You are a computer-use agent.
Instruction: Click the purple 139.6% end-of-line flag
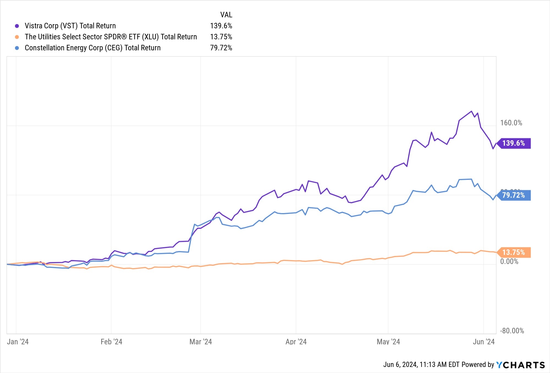coord(514,143)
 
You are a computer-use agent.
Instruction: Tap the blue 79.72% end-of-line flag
coord(514,195)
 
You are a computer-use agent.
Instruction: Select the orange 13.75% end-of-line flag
coord(514,252)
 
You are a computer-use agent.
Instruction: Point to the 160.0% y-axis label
coord(511,123)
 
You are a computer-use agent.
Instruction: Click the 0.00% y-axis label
coord(509,261)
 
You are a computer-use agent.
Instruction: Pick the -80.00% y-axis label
coord(512,331)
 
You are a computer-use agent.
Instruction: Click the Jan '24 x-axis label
coord(18,342)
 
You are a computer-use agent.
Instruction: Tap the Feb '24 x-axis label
coord(111,342)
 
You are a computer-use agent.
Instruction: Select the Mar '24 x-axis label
coord(200,342)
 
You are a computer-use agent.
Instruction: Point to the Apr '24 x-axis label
coord(296,342)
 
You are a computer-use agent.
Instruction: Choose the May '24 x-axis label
coord(388,342)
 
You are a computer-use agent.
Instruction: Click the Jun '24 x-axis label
coord(483,342)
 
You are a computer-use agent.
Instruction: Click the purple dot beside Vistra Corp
coord(17,26)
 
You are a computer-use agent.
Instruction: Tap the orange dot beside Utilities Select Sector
coord(17,37)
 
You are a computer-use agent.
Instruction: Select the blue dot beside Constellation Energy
coord(17,48)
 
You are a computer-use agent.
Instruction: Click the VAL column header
coord(226,15)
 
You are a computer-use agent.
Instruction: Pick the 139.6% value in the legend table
coord(221,26)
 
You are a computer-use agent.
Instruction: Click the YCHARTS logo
coord(520,365)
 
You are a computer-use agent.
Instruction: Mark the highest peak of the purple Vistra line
coord(472,111)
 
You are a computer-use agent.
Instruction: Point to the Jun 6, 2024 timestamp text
coord(421,365)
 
